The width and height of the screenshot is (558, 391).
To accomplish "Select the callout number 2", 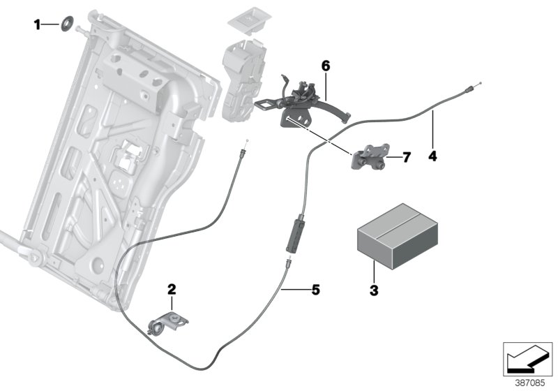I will [171, 288].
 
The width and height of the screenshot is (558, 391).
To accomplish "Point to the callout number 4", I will [432, 156].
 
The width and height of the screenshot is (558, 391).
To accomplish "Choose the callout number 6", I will [325, 66].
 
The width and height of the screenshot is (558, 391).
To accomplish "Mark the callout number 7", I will [407, 158].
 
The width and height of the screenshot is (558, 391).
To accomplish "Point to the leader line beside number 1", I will [52, 25].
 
